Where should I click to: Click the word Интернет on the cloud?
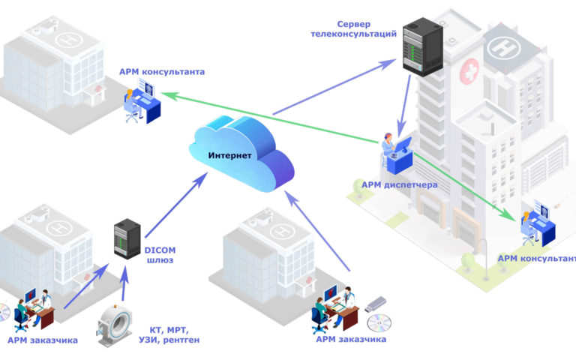pyautogui.click(x=230, y=155)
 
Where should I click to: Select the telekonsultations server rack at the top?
pyautogui.click(x=422, y=46)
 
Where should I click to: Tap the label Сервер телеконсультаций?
pyautogui.click(x=354, y=29)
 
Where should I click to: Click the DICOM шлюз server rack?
pyautogui.click(x=127, y=238)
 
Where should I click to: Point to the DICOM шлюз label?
pyautogui.click(x=160, y=255)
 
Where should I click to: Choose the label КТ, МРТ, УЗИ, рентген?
pyautogui.click(x=169, y=335)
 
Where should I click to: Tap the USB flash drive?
pyautogui.click(x=376, y=304)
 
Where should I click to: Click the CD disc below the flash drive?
pyautogui.click(x=379, y=323)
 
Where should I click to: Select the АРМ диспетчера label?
pyautogui.click(x=399, y=184)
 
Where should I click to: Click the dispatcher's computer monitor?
pyautogui.click(x=403, y=145)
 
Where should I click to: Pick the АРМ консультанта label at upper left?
pyautogui.click(x=162, y=72)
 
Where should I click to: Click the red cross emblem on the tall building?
pyautogui.click(x=469, y=71)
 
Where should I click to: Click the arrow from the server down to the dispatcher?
pyautogui.click(x=404, y=106)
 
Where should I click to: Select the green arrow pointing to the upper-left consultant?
pyautogui.click(x=270, y=118)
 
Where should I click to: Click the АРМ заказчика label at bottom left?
pyautogui.click(x=43, y=340)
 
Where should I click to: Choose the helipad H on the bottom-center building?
pyautogui.click(x=282, y=232)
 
